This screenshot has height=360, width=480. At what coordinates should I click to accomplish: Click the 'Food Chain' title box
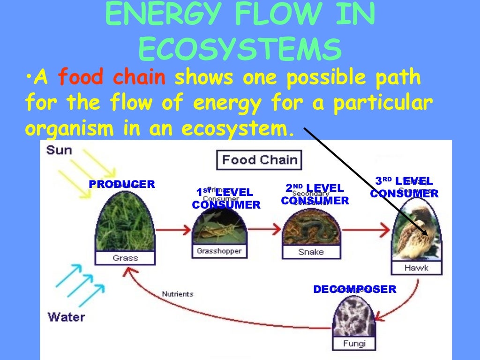pyautogui.click(x=259, y=160)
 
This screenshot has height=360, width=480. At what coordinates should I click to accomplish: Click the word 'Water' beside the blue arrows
pyautogui.click(x=66, y=316)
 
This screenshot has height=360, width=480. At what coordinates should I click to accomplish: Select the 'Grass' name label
pyautogui.click(x=125, y=258)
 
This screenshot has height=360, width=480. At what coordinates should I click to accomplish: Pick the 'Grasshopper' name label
pyautogui.click(x=219, y=251)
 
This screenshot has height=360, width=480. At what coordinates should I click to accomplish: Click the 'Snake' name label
pyautogui.click(x=311, y=252)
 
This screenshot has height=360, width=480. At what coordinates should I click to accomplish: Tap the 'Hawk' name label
pyautogui.click(x=416, y=268)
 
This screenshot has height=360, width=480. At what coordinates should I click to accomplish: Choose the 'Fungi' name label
pyautogui.click(x=354, y=344)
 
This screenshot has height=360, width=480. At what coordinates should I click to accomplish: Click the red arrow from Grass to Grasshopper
pyautogui.click(x=173, y=230)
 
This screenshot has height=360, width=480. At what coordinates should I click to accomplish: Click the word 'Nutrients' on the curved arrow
pyautogui.click(x=178, y=294)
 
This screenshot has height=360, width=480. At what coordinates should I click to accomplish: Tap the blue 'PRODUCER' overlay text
pyautogui.click(x=122, y=184)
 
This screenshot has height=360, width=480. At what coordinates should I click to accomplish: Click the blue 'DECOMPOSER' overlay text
pyautogui.click(x=355, y=289)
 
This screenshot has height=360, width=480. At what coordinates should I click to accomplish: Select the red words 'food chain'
pyautogui.click(x=112, y=78)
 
